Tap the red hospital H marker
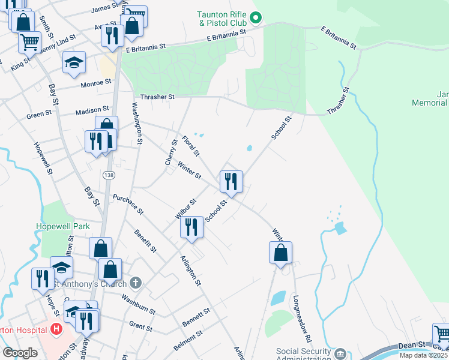(x=56, y=329)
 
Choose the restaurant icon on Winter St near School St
(x=231, y=181)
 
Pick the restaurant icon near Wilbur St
(x=191, y=227)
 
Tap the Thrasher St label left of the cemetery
(x=157, y=97)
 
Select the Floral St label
(x=190, y=144)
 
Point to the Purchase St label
(x=128, y=204)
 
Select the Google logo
(x=20, y=353)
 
